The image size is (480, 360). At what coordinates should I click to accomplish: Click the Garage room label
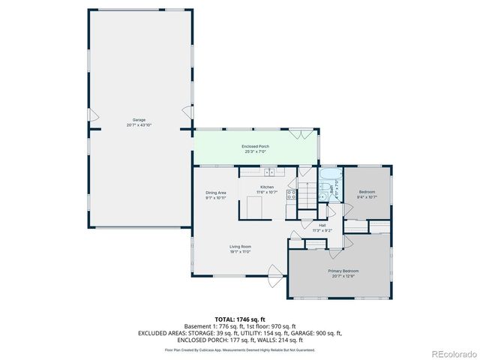pos(139,120)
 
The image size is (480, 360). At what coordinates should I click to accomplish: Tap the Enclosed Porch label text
pos(255,147)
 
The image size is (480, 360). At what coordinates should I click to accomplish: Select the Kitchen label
pos(267,187)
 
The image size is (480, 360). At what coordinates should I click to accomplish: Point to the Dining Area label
pos(216,193)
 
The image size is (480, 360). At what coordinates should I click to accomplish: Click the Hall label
pos(322,225)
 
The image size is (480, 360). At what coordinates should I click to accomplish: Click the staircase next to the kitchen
pos(307,196)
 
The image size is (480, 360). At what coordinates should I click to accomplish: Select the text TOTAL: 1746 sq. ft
pos(240,319)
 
